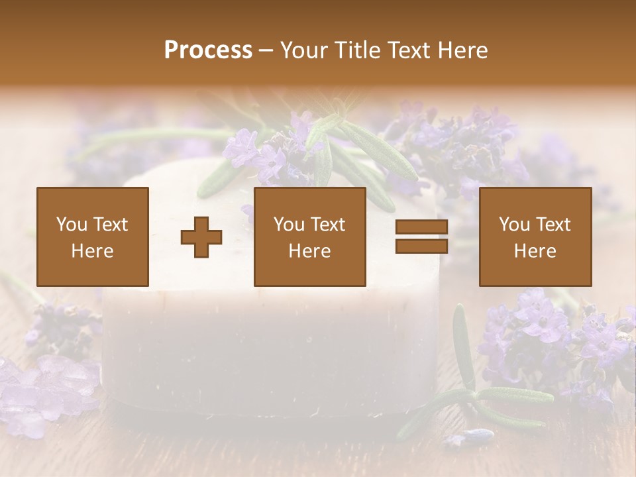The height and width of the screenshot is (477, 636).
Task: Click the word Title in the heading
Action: tap(356, 50)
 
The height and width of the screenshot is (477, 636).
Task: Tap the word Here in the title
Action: tap(461, 50)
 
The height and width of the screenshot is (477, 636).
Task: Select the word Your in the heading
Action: tap(305, 50)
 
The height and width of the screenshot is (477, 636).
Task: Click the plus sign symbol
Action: tap(201, 237)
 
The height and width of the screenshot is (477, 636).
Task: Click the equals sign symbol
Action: tap(421, 237)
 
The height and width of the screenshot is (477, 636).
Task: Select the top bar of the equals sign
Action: tap(421, 227)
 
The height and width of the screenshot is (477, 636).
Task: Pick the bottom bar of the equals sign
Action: tap(421, 246)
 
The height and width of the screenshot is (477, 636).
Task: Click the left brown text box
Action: tap(93, 237)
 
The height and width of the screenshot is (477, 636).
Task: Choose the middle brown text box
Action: tap(310, 237)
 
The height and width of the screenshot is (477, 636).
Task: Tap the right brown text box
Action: tap(535, 237)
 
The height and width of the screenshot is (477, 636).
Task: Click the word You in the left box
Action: tap(70, 225)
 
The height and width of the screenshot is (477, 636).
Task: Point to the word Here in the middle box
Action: tap(310, 251)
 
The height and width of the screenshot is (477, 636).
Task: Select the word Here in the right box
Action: tap(535, 251)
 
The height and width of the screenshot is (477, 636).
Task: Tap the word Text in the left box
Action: tap(110, 225)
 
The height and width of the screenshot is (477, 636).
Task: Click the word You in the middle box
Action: tap(288, 225)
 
